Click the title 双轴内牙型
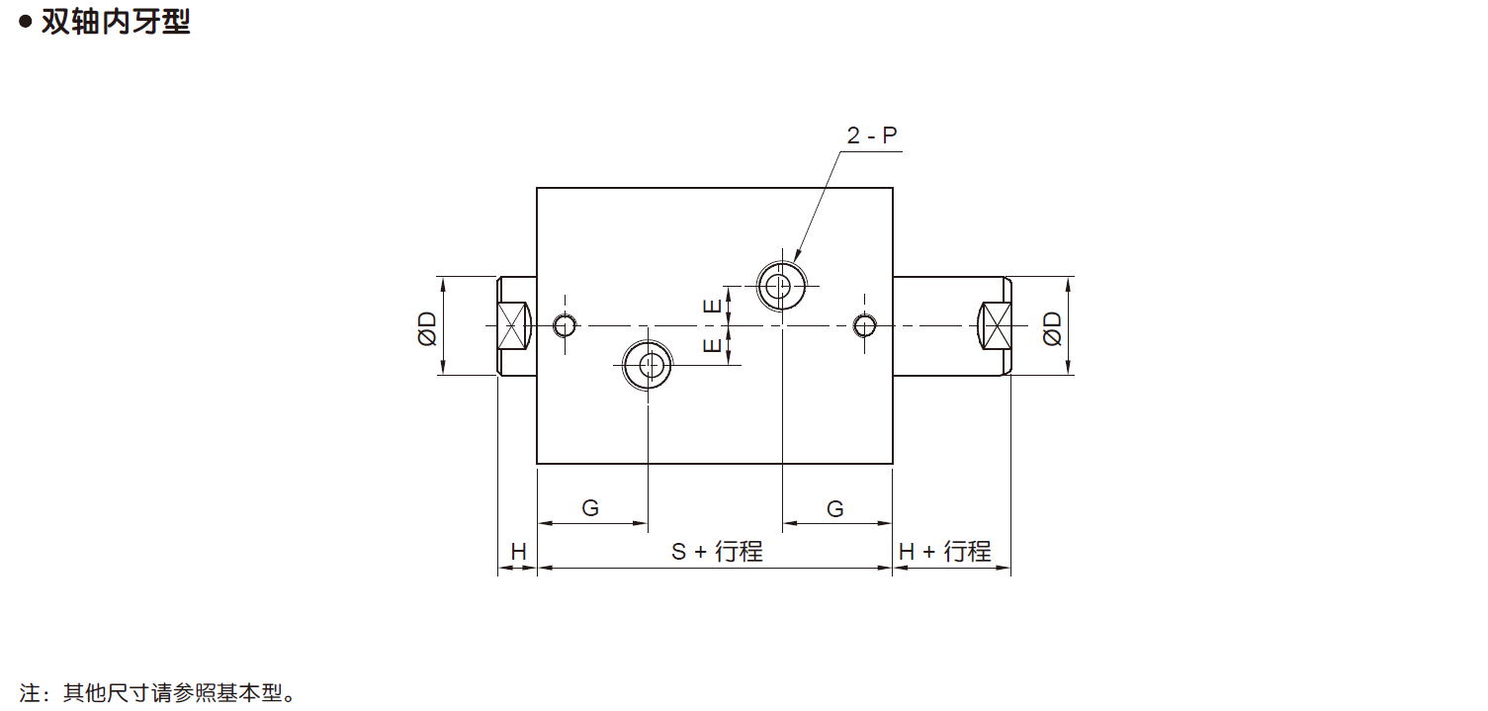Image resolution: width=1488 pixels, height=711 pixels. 117,22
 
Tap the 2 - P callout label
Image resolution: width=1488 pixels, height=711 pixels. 872,135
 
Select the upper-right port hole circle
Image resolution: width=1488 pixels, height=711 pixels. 781,287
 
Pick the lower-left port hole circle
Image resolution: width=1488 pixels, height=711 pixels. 648,365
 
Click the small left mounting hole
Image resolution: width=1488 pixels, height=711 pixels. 565,325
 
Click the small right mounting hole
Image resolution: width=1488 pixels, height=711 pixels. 864,325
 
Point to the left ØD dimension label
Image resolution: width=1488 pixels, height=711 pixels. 427,328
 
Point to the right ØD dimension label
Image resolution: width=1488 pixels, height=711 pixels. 1052,328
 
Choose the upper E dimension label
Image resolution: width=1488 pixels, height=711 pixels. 712,307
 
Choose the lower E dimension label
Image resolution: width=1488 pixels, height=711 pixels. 712,345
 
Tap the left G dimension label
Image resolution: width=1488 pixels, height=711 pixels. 590,508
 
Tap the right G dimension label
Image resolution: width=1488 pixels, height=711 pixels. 835,509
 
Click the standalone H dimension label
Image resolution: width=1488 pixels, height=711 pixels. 518,552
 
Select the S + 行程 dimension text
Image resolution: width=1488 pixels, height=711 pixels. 717,552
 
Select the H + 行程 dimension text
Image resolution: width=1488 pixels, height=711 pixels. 944,552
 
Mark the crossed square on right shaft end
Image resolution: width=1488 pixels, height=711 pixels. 996,325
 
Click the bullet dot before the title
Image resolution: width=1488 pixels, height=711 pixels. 26,22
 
